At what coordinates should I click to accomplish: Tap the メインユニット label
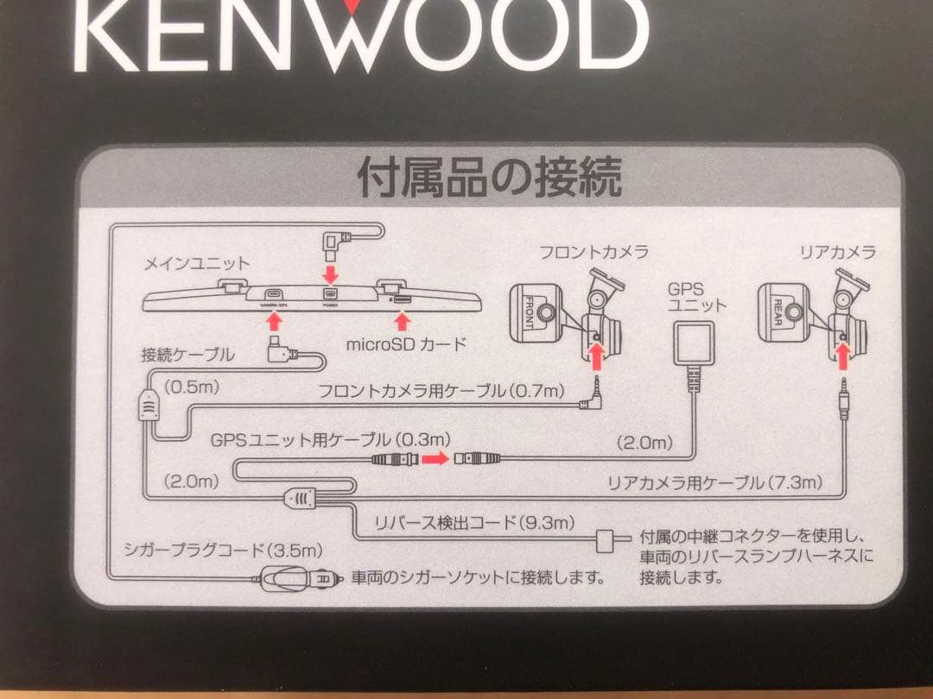coord(197,263)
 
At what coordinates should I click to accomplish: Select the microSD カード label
coord(405,344)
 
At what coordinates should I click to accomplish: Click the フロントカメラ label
coord(593,253)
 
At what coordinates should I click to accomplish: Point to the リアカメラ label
coord(837,252)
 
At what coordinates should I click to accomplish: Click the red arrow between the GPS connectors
coord(435,460)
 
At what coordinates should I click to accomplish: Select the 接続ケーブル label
coord(187,354)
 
